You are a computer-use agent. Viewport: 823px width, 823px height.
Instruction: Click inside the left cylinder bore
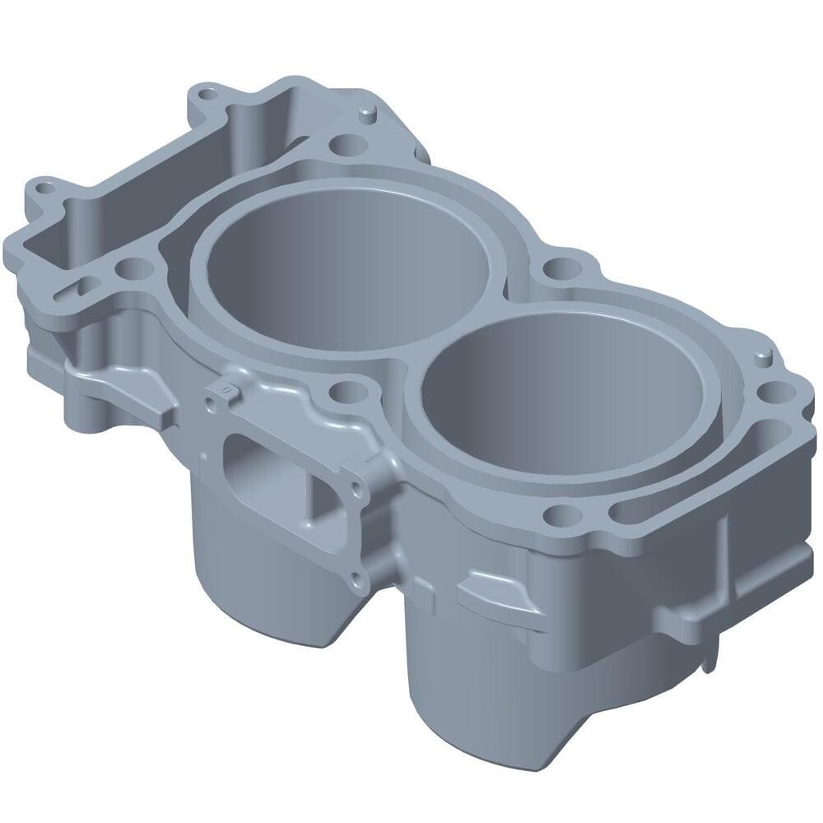pos(346,263)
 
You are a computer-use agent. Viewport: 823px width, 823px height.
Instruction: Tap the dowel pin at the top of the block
pos(368,110)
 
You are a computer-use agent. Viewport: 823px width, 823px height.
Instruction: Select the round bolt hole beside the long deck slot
pos(560,515)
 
